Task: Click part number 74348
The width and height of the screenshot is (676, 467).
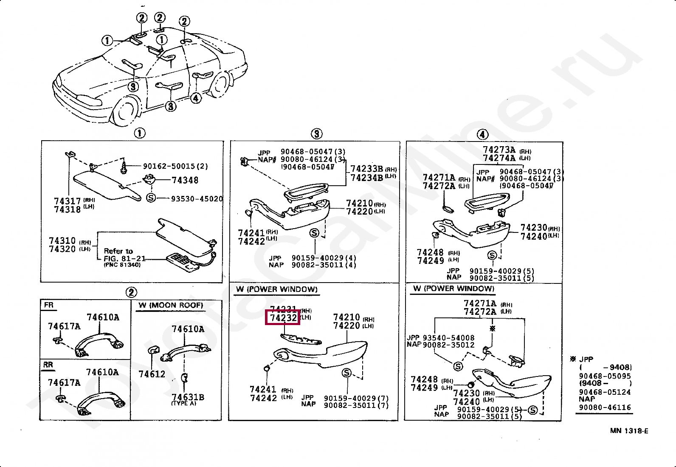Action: [185, 180]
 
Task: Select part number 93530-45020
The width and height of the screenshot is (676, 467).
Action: [197, 199]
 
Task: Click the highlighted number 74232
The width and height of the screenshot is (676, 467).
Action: [283, 318]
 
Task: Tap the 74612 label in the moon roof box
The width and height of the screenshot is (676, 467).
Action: [152, 374]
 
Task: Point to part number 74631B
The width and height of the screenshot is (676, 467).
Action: [188, 397]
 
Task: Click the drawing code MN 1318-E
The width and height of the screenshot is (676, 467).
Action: [629, 431]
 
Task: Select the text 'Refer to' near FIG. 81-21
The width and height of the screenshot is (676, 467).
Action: [118, 251]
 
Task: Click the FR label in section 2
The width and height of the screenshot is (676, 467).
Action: [49, 305]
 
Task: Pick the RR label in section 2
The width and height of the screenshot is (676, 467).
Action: [48, 365]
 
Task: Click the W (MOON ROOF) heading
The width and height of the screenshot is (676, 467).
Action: [171, 306]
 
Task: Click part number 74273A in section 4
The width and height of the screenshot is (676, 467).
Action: [499, 150]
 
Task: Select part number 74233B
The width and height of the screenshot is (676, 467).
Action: [367, 169]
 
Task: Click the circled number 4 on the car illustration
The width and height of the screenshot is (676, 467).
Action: [195, 98]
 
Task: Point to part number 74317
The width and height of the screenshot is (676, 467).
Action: [67, 201]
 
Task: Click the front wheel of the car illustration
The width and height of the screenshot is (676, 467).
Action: [126, 112]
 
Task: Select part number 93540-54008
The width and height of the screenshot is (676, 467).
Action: [448, 338]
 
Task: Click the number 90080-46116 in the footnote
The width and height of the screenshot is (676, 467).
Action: [605, 407]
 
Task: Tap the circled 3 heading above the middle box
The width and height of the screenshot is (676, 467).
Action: [316, 134]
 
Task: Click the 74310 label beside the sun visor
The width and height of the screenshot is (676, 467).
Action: [62, 241]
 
